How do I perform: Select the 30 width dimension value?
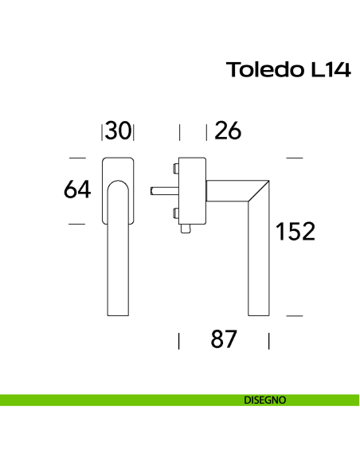click(x=118, y=131)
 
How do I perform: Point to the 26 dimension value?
click(x=228, y=131)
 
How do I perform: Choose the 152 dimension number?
click(x=296, y=232)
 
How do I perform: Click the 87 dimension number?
click(x=224, y=340)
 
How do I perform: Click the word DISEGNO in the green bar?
click(x=266, y=400)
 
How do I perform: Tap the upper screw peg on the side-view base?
click(x=174, y=168)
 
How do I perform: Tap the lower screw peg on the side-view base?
click(x=174, y=212)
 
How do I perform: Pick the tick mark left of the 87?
click(x=179, y=342)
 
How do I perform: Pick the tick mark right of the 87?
click(x=269, y=342)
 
